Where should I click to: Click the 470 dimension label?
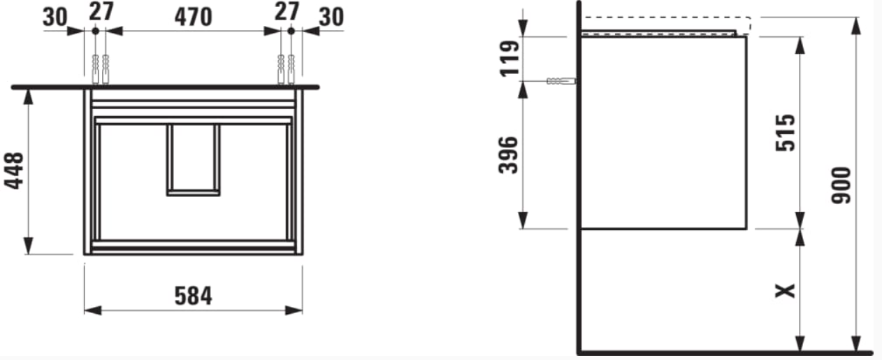pos(194,17)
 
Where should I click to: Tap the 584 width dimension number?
pos(194,296)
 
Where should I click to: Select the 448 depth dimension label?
pos(14,171)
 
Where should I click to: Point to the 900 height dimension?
pos(841,185)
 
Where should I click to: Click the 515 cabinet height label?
pos(785,133)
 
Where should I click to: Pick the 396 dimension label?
pos(508,155)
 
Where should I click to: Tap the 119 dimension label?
pos(509,58)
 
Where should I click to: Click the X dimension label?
pos(785,291)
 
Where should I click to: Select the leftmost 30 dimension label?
pos(55,17)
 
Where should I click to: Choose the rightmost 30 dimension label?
pos(331,17)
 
